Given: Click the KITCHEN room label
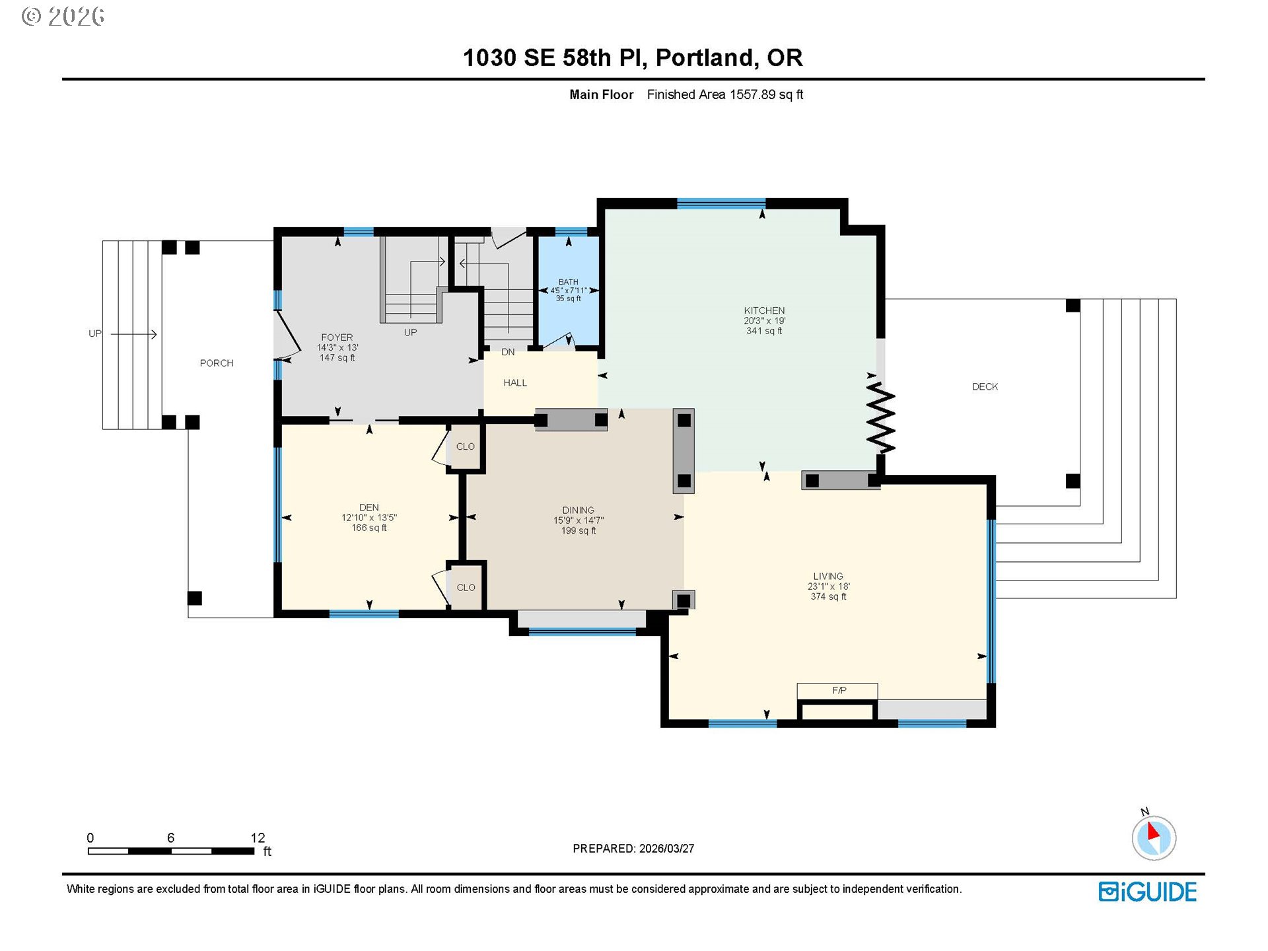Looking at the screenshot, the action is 764,310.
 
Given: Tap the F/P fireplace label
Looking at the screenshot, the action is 839,690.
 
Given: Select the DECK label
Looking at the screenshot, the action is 985,386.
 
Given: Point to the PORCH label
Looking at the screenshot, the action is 217,363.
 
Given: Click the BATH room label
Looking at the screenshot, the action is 568,282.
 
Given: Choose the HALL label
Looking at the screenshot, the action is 515,382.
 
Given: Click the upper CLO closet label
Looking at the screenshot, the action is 466,446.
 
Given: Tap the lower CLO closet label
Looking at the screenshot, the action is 466,587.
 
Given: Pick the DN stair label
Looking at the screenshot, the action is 508,352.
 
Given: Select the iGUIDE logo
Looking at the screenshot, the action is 1148,892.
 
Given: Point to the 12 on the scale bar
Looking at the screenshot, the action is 258,837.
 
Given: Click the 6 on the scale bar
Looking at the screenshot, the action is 170,837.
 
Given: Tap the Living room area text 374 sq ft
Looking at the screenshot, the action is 828,596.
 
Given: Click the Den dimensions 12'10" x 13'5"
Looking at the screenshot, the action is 369,518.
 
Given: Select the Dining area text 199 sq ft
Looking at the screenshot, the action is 579,530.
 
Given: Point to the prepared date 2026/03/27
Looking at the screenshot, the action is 666,849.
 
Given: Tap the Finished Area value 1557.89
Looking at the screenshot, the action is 752,94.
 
